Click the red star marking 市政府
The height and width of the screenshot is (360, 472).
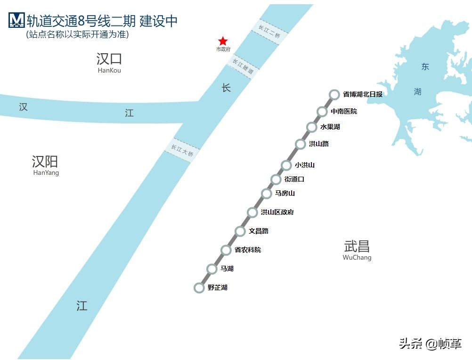[223, 41]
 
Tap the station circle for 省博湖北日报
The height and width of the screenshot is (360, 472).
[334, 94]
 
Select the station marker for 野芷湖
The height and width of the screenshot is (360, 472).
[199, 287]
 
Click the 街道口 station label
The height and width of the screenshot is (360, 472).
[294, 179]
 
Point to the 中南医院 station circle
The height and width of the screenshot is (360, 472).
[322, 111]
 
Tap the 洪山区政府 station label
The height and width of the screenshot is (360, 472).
[277, 212]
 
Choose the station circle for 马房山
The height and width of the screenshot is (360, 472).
[267, 193]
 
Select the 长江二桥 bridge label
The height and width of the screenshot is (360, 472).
[269, 32]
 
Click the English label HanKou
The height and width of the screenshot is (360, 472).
[109, 71]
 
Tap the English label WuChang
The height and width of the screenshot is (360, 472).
[357, 258]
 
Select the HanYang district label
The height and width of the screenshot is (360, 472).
[46, 173]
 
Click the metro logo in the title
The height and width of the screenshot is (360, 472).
[16, 20]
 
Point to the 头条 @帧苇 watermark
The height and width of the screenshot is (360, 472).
[430, 344]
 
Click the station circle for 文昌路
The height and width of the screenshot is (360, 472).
[240, 231]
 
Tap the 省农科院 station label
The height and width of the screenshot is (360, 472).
[248, 250]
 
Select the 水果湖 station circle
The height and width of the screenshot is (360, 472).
[311, 127]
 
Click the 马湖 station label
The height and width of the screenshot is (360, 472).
[227, 269]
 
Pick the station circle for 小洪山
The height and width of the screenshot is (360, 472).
[286, 165]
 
